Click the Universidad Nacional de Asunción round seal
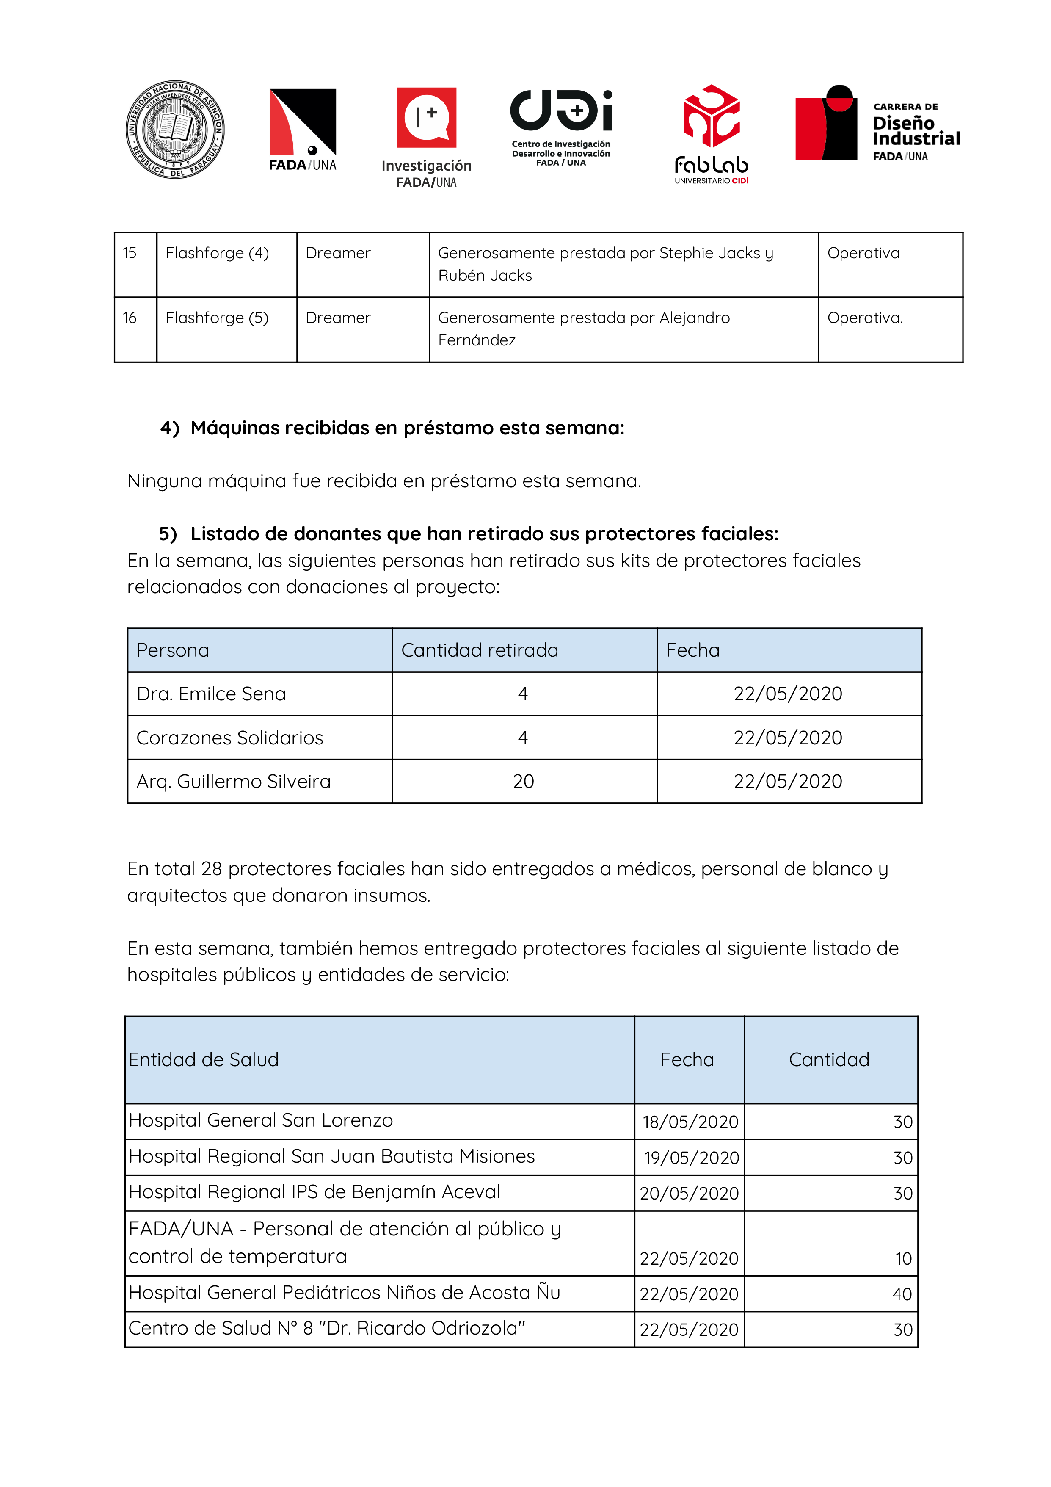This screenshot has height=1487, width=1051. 175,130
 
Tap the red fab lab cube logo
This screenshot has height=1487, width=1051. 711,116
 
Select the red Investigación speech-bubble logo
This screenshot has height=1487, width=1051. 426,117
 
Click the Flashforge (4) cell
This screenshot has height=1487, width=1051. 217,253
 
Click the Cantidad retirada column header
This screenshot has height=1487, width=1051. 479,650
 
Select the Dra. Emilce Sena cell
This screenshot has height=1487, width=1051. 211,694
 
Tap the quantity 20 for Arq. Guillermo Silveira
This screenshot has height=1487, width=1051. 523,782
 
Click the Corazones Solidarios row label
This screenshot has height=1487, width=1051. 230,738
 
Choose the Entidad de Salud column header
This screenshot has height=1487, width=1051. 203,1059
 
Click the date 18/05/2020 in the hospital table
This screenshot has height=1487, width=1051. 690,1122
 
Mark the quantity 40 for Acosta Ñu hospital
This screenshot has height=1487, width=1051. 902,1294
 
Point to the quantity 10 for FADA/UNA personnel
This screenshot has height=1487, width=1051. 903,1258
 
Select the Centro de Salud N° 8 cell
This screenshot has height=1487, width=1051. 326,1328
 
